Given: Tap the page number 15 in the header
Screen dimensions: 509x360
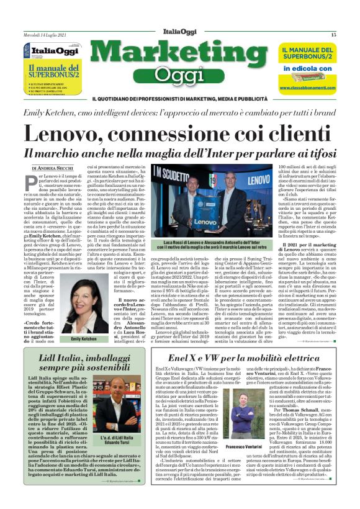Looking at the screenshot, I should tap(333, 35).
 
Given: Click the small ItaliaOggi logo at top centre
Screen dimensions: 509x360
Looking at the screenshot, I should tap(179, 34).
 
